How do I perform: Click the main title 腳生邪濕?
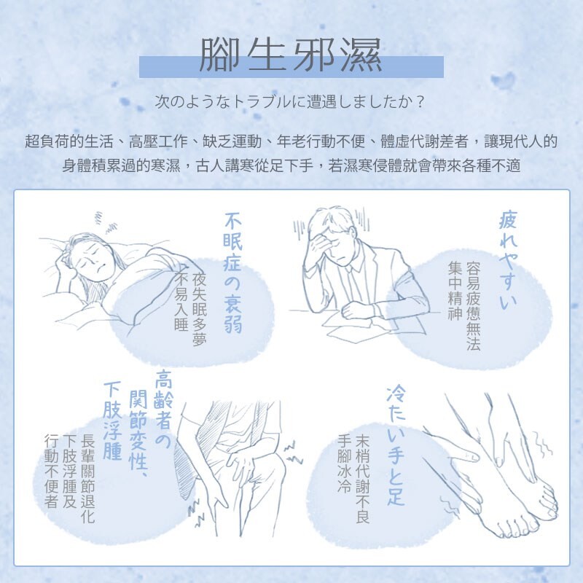(x=291, y=55)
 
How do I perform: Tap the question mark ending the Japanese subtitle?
(x=420, y=102)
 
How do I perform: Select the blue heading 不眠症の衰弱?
(x=233, y=273)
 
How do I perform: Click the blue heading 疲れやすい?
(x=508, y=260)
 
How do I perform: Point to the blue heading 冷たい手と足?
(x=396, y=445)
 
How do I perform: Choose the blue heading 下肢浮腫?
(x=113, y=420)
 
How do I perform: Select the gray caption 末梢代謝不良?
(x=362, y=480)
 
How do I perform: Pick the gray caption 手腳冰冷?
(x=344, y=464)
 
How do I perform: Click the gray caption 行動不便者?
(x=51, y=472)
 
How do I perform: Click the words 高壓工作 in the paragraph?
(x=158, y=141)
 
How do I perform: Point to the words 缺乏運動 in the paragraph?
(x=232, y=141)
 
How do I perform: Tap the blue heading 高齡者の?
(x=163, y=409)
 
